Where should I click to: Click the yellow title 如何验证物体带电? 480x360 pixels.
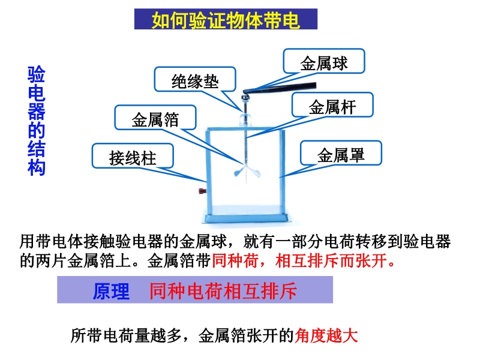(x=226, y=20)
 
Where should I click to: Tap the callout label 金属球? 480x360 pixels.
(x=324, y=64)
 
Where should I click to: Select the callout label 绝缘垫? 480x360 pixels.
(x=195, y=82)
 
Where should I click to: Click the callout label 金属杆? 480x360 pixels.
(x=332, y=107)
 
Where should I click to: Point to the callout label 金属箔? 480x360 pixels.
(x=155, y=119)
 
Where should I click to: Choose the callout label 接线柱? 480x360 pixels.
(x=133, y=158)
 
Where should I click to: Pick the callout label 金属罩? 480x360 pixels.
(x=341, y=155)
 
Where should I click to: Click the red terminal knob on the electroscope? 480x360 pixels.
(x=202, y=191)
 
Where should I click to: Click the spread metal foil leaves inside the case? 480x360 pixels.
(x=247, y=173)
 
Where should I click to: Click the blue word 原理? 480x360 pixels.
(x=111, y=291)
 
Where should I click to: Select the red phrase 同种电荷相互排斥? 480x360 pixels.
(x=223, y=291)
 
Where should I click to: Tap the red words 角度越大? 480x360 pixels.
(x=326, y=335)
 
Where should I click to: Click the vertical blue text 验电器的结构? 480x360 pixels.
(x=37, y=121)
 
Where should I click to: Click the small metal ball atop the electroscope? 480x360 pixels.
(x=245, y=98)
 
